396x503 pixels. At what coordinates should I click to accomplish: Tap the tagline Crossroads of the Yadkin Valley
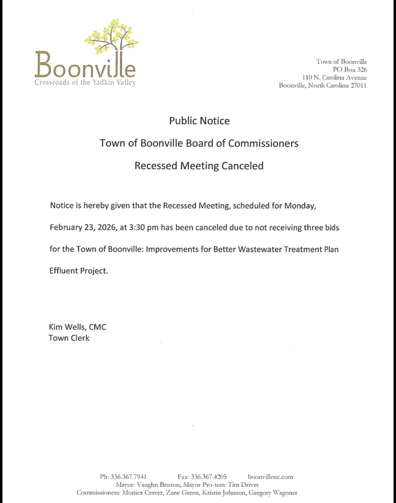coord(85,83)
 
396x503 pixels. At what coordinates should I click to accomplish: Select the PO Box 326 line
coord(350,70)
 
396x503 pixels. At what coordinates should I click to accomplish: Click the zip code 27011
coord(357,85)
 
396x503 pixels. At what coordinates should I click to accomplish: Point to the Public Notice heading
coord(199,121)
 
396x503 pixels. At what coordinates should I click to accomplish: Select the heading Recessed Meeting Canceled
coord(199,166)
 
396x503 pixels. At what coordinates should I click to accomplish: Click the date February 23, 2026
coord(83,228)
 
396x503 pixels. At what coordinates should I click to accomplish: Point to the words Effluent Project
coord(78,271)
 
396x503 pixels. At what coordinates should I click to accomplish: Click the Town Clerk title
coord(69,338)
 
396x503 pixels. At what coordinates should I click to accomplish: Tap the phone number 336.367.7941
coord(128,477)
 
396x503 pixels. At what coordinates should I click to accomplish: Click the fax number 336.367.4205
coord(209,477)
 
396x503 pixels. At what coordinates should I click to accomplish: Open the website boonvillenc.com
coord(270,477)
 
